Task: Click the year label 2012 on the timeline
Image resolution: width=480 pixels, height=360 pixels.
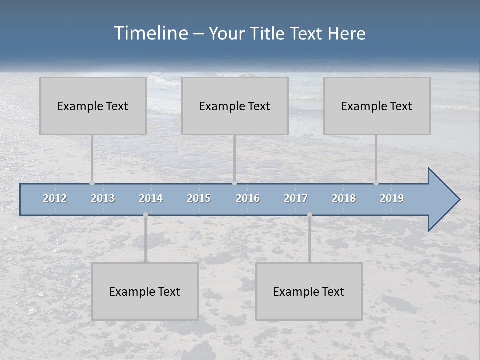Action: coord(55,198)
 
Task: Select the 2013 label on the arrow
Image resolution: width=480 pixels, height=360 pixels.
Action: coord(103,198)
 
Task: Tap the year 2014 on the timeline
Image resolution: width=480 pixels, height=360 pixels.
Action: coord(151,198)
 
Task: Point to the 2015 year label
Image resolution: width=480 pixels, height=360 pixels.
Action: coord(199,198)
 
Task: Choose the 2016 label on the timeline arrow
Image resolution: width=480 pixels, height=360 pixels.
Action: coord(248,198)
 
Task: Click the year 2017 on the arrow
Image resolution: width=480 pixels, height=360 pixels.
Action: coord(296,198)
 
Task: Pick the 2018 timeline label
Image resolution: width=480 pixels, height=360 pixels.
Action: coord(344,198)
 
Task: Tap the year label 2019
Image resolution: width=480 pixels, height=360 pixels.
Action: coord(392,198)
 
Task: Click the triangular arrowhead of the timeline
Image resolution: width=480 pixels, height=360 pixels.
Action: coord(442,200)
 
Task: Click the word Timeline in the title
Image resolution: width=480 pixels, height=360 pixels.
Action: coord(150,33)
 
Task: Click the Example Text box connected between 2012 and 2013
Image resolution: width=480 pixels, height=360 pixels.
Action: coord(93,106)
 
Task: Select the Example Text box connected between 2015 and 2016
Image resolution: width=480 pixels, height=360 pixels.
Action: coord(235,106)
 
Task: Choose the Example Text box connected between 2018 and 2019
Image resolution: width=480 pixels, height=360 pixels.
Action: coord(377,106)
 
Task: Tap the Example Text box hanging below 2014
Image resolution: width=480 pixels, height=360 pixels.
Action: coord(145,291)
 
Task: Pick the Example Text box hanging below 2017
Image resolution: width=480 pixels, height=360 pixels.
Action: coord(309,291)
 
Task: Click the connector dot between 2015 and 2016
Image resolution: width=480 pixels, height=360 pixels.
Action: coord(234,183)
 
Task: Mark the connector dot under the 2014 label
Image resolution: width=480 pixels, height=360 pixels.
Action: coord(145,215)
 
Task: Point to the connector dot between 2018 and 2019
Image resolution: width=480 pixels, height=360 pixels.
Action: coord(376,183)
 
